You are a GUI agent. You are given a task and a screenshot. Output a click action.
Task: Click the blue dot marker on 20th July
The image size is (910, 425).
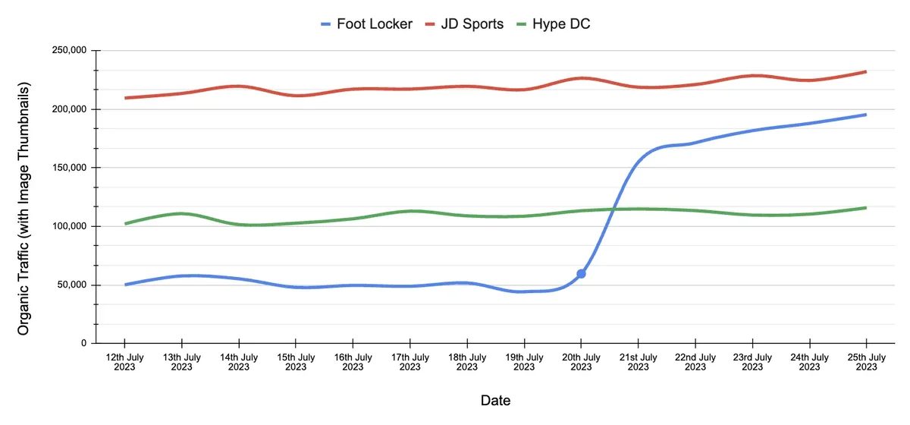[x=581, y=273]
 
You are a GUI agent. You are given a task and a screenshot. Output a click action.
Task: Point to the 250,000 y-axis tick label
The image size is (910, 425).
[x=69, y=51]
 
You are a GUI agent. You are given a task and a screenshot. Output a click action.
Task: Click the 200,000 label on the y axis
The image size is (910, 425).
[x=69, y=109]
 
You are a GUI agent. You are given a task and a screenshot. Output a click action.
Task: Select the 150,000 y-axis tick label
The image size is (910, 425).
[x=69, y=168]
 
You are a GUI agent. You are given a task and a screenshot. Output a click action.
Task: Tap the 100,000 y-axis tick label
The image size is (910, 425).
[x=69, y=226]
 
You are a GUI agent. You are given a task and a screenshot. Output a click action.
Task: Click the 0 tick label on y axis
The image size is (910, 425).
[x=84, y=343]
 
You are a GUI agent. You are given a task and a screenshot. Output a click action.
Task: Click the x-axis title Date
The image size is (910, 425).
[x=495, y=400]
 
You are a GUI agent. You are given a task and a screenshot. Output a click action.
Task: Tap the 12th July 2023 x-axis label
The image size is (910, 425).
[x=124, y=362]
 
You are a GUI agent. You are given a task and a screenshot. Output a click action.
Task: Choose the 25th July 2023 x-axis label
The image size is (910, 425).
[x=866, y=362]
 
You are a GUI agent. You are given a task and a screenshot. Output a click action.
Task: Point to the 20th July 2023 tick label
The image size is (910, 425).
[x=581, y=362]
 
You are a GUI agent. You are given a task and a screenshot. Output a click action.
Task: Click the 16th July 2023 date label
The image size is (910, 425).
[x=353, y=362]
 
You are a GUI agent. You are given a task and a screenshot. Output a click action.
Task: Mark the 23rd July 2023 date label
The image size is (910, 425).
[x=752, y=362]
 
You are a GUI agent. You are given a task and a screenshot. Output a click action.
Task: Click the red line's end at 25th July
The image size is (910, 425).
[x=865, y=72]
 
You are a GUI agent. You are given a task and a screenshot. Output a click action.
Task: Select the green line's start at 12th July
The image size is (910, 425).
[x=125, y=223]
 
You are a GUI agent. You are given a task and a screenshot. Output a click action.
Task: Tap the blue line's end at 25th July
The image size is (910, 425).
[x=865, y=115]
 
